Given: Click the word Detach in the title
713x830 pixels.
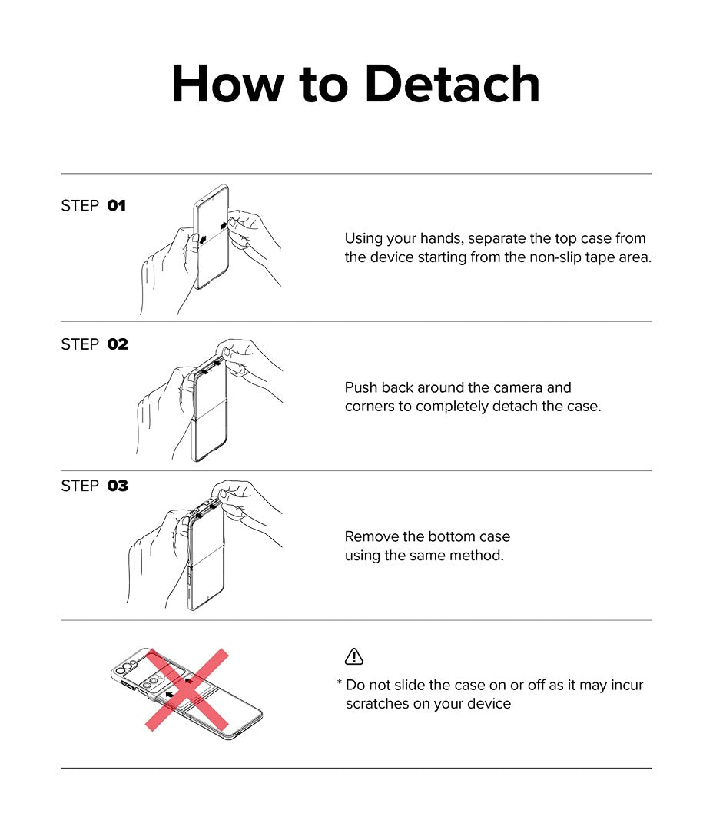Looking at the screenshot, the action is [x=453, y=84].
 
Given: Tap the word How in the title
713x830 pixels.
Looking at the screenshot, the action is [x=228, y=84].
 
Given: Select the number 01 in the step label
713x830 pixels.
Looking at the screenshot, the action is [x=117, y=205].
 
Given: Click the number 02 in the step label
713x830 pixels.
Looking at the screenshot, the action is [x=118, y=344].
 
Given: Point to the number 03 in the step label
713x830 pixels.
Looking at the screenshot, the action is [x=118, y=486].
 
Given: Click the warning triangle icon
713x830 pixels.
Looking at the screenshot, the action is [x=353, y=656].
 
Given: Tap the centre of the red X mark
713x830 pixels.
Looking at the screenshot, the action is [x=187, y=689].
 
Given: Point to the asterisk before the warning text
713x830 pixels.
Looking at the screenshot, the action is [x=339, y=683].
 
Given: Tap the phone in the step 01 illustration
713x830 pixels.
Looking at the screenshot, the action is [x=212, y=237].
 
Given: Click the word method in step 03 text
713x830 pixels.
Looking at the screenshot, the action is [x=481, y=556].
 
